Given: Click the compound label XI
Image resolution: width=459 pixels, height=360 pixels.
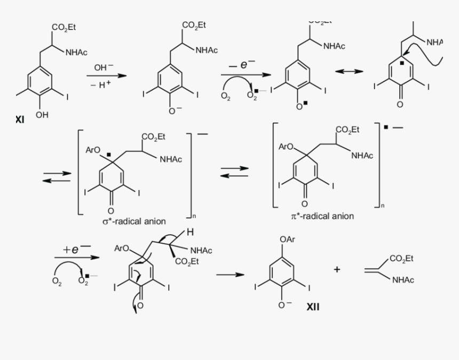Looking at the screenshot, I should (20, 120).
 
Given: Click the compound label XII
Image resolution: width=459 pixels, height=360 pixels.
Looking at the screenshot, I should (313, 307).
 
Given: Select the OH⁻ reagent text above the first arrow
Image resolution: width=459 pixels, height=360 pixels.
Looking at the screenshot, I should (104, 68).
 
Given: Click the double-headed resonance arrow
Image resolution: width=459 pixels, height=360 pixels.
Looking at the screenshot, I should (350, 72).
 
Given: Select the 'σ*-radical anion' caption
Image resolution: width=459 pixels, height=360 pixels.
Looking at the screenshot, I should (134, 221).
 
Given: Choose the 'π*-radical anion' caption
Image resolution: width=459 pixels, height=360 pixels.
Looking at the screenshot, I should (322, 216).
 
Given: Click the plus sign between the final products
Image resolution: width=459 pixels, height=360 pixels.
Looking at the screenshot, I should (337, 270).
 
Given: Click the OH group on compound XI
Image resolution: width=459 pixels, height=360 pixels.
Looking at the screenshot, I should (42, 115).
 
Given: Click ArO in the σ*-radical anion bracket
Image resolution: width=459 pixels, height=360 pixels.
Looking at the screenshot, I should (93, 150).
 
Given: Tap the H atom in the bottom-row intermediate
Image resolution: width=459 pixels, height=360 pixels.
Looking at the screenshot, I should (189, 232).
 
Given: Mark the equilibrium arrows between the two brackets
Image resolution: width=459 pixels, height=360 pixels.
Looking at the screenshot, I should (235, 172).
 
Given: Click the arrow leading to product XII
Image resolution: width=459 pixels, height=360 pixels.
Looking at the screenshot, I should (231, 275).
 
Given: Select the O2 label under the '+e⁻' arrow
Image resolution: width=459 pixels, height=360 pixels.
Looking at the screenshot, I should (57, 283).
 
